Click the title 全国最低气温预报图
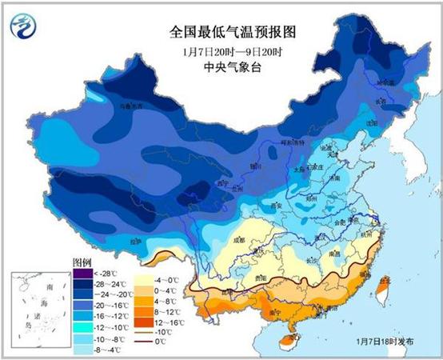221,33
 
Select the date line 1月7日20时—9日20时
221,51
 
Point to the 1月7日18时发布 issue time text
385,342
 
